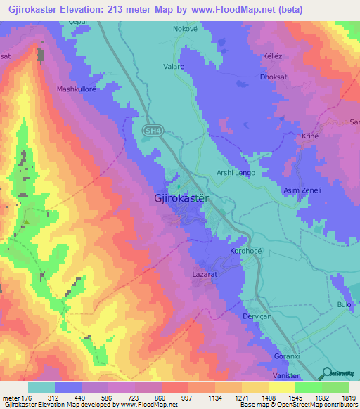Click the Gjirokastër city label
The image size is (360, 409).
click(x=181, y=199)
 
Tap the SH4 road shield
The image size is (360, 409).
click(x=150, y=131)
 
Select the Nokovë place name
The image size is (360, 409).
click(x=186, y=30)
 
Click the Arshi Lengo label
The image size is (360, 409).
click(x=235, y=173)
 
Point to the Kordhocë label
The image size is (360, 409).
click(x=245, y=251)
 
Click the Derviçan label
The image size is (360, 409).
click(x=247, y=316)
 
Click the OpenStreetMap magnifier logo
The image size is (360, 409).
click(x=327, y=373)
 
